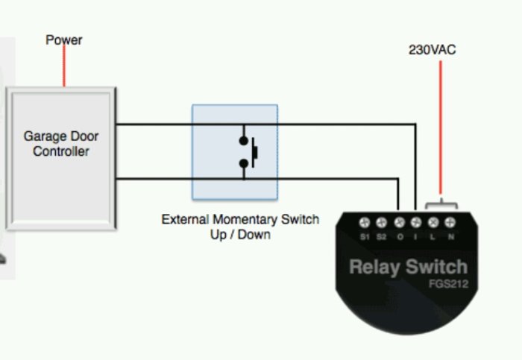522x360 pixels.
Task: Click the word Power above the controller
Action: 64,40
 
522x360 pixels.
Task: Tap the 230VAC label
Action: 432,50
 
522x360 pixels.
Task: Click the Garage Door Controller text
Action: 61,144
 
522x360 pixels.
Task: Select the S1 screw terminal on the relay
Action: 365,222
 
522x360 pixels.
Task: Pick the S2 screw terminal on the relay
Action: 382,222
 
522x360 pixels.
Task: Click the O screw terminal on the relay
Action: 400,222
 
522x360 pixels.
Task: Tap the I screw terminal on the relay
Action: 416,222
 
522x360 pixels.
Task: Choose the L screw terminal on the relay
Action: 433,222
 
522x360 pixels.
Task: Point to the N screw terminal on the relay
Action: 450,222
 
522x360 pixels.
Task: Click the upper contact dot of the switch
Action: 244,141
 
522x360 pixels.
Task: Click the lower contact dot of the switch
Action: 244,163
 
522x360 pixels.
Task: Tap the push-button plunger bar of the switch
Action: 255,152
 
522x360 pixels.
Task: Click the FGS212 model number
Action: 448,284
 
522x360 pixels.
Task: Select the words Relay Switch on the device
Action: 409,267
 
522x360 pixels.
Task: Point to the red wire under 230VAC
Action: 441,127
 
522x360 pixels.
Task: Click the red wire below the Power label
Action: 64,66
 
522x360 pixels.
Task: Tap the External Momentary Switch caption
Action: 240,220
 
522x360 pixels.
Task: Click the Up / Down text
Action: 240,235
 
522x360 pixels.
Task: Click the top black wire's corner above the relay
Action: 415,124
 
